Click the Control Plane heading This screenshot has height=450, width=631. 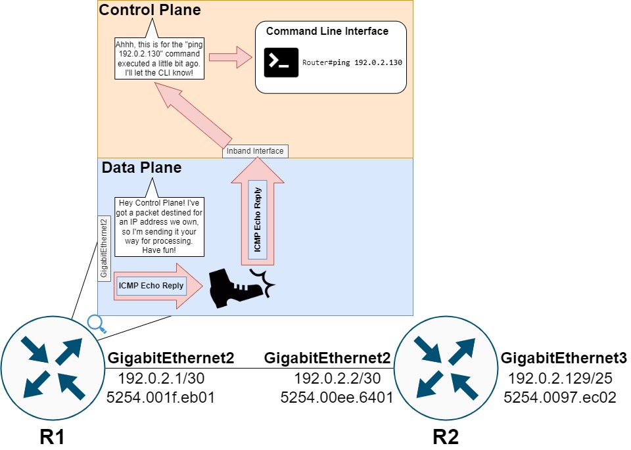click(150, 11)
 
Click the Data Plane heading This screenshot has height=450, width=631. click(141, 168)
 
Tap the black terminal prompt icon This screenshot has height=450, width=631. click(281, 62)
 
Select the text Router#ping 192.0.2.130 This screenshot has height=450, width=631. click(352, 63)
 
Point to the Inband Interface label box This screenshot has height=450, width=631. click(255, 151)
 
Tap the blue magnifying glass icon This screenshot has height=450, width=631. click(96, 323)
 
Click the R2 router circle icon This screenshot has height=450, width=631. click(446, 369)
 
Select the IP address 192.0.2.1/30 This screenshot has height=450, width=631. click(162, 378)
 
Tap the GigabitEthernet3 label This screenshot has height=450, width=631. click(564, 359)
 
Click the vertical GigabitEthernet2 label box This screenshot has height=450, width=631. click(103, 248)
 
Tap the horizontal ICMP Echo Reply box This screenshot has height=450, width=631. click(151, 286)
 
